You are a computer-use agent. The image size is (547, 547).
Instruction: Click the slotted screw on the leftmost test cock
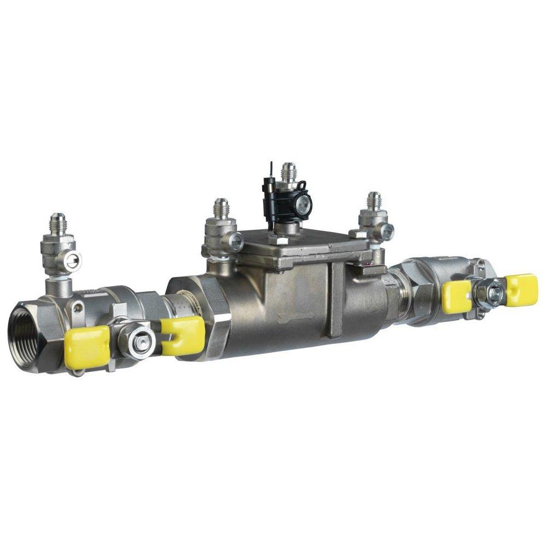[x=72, y=261]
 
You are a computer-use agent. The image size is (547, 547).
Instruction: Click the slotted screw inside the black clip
[x=302, y=205]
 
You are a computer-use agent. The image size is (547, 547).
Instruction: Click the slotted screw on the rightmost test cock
[x=387, y=232]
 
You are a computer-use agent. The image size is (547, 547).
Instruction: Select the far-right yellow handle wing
[x=521, y=290]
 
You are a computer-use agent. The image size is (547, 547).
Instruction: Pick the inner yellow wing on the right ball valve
[x=457, y=297]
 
